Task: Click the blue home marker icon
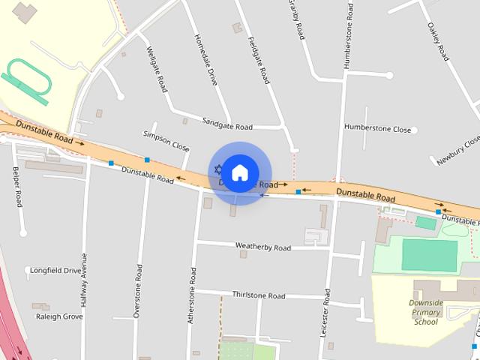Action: (x=239, y=173)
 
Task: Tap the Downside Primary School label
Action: (x=425, y=312)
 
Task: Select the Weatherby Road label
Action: (x=262, y=247)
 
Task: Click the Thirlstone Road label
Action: (x=259, y=295)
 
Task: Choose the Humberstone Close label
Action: (x=377, y=128)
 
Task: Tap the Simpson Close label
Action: (x=166, y=140)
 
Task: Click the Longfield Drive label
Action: (x=55, y=270)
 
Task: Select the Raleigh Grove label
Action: (x=59, y=316)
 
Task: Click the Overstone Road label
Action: (x=137, y=291)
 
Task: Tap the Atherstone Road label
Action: (x=191, y=296)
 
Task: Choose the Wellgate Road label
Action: (x=157, y=68)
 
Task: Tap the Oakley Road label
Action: (x=438, y=41)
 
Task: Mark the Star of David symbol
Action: (x=218, y=169)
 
